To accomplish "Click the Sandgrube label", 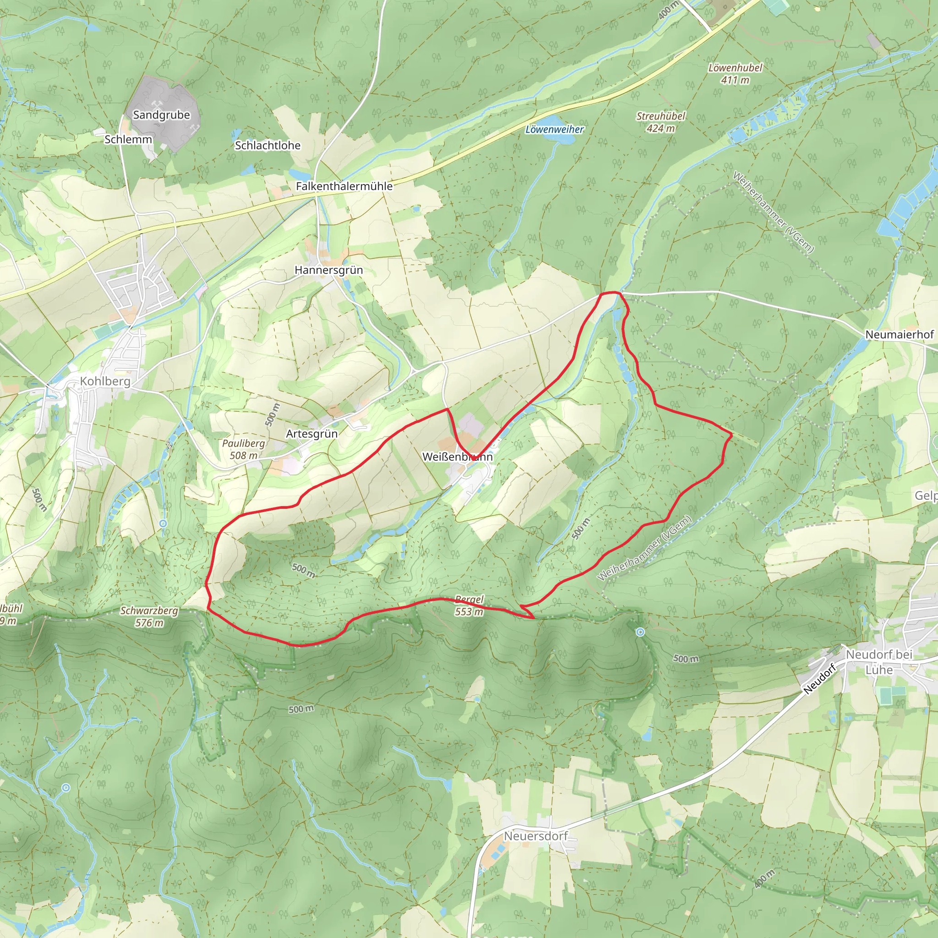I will [x=161, y=115].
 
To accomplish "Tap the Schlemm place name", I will [x=128, y=139].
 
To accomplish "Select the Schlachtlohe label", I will [x=267, y=145].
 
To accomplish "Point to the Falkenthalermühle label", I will [x=344, y=186].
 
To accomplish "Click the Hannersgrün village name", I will [x=329, y=270].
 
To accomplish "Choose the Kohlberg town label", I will [x=105, y=381].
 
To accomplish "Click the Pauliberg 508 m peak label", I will [x=244, y=449].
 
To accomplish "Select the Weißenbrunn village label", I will [x=458, y=457].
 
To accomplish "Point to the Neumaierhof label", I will [x=899, y=334].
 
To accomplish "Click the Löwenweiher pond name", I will [x=555, y=130].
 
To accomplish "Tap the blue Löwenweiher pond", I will [x=558, y=138].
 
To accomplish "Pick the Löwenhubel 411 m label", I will [x=735, y=74].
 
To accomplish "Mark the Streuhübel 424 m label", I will [x=661, y=122].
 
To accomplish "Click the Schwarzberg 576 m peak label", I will [x=149, y=616].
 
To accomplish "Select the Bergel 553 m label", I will [x=469, y=605].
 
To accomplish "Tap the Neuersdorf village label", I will [x=535, y=836].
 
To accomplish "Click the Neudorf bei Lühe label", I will [x=879, y=662].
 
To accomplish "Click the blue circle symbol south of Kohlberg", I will [x=163, y=524].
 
